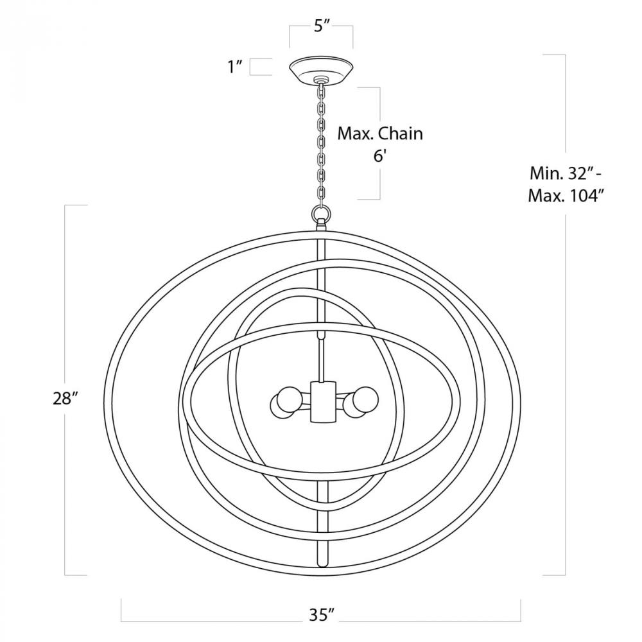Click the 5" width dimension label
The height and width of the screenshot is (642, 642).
322,26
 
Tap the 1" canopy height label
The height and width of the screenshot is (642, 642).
236,66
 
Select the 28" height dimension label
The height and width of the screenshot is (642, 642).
65,398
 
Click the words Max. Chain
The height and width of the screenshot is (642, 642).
380,134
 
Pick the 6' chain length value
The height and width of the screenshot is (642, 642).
379,155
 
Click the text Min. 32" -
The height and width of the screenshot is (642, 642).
566,173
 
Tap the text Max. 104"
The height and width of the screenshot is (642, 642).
566,196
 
